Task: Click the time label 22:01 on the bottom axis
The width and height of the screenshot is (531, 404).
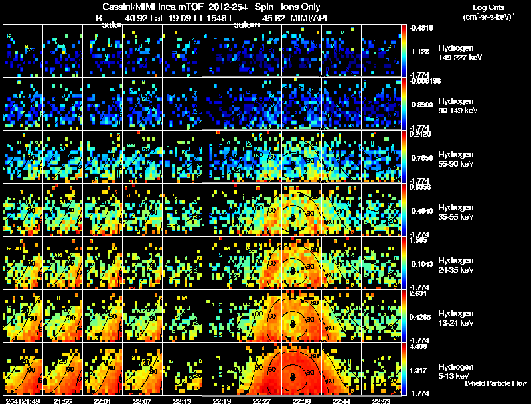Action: (x=102, y=401)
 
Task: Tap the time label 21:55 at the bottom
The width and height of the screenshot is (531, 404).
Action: (x=62, y=401)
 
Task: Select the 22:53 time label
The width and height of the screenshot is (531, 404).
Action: (x=381, y=401)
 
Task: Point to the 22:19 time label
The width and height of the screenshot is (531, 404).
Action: (x=222, y=401)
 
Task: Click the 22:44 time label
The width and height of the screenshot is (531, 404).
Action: (x=341, y=401)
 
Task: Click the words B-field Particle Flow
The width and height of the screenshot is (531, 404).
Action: (x=495, y=383)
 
